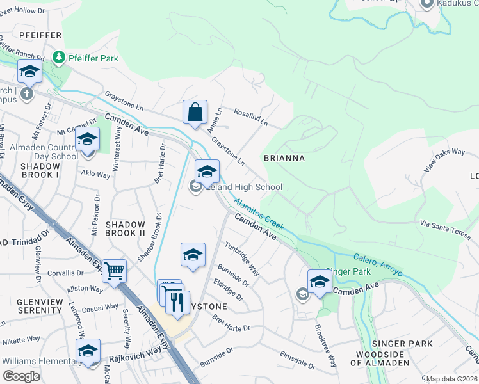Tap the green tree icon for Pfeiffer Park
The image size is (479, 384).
tap(59, 58)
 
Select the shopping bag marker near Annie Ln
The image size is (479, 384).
tap(195, 113)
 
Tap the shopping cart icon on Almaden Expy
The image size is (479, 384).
tap(114, 271)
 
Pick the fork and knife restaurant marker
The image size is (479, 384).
tap(177, 301)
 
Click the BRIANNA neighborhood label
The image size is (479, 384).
tap(284, 157)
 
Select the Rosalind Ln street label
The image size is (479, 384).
tap(250, 117)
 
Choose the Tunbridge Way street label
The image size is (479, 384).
tap(241, 259)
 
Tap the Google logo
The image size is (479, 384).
tap(21, 376)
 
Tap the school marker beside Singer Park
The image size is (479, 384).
tap(320, 281)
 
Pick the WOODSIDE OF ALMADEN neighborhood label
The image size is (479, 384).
tap(382, 358)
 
